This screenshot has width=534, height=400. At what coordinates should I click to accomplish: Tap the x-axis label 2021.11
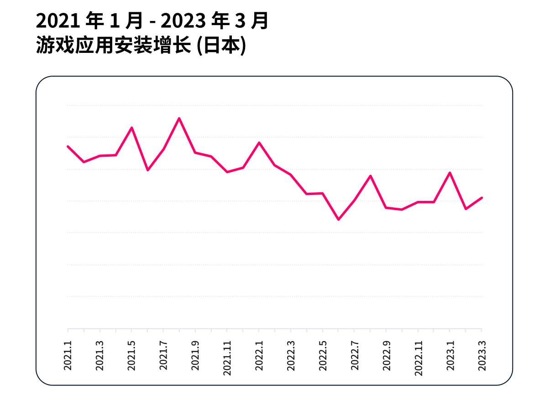coord(227,359)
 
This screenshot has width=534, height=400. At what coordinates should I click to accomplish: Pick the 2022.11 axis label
coord(418,359)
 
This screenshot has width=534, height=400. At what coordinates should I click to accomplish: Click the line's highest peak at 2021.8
coord(179,118)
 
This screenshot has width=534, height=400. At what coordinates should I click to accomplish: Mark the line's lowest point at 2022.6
coord(338,220)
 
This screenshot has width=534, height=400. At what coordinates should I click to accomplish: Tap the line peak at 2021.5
coord(132,128)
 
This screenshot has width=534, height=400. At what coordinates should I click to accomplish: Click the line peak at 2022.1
coord(259,143)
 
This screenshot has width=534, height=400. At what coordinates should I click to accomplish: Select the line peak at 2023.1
coord(450,173)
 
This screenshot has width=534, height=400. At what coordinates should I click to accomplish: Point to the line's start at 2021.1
coord(68,146)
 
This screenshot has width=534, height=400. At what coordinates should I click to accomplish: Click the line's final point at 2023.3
coord(482,198)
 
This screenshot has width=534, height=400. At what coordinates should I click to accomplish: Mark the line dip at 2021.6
coord(147,170)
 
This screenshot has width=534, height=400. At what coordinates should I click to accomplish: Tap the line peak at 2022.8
coord(370,176)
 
